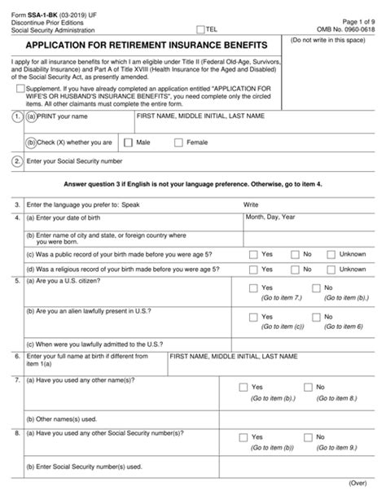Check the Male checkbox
pyautogui.click(x=128, y=143)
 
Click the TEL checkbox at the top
pyautogui.click(x=201, y=28)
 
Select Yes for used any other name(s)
pyautogui.click(x=243, y=387)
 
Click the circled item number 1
pyautogui.click(x=17, y=117)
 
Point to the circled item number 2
pyautogui.click(x=17, y=161)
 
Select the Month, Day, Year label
pyautogui.click(x=272, y=218)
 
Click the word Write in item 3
pyautogui.click(x=250, y=204)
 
